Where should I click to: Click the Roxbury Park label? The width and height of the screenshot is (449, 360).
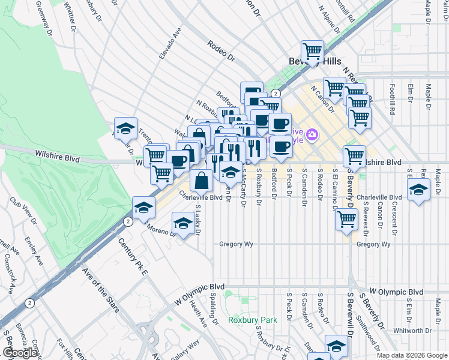point(252,320)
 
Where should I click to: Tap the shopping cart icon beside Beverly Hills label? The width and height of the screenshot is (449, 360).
point(312,52)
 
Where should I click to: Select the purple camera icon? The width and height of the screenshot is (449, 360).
point(311,134)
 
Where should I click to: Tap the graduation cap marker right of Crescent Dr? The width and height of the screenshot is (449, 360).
point(418,190)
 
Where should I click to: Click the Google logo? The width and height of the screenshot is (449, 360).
point(20,353)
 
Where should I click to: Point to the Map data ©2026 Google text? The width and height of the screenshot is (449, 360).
point(412,355)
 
